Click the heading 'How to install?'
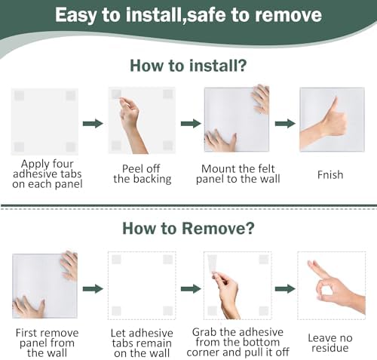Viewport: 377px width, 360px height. (188, 66)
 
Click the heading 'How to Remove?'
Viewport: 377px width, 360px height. (188, 229)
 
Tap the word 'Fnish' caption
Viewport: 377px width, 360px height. (330, 175)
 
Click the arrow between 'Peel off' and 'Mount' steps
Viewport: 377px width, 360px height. (191, 123)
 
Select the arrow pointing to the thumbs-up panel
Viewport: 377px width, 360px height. (285, 123)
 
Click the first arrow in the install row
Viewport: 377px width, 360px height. (93, 123)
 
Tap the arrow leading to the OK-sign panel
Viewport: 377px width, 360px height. (285, 288)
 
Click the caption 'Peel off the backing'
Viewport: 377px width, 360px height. (143, 174)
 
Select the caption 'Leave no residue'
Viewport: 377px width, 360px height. (330, 343)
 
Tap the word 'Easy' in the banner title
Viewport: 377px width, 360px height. (75, 16)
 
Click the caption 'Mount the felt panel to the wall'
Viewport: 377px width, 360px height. (238, 174)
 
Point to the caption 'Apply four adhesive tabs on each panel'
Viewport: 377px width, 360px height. (48, 174)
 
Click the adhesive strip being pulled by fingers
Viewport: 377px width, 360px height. (213, 263)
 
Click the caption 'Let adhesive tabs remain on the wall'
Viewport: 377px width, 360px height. (142, 343)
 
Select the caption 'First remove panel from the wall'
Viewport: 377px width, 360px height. (47, 343)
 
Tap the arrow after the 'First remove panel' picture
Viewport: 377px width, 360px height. (93, 288)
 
